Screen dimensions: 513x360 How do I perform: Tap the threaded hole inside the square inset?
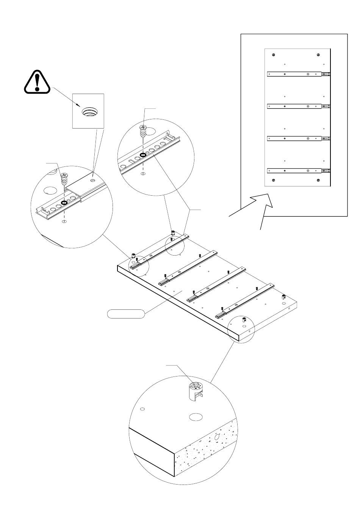point(90,112)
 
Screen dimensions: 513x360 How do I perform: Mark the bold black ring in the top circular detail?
point(143,155)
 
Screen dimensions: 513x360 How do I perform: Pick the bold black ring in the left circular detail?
point(64,203)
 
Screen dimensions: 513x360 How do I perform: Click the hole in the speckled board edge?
point(217,437)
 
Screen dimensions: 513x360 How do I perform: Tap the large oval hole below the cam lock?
point(196,417)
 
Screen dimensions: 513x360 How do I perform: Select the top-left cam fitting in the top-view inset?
point(273,54)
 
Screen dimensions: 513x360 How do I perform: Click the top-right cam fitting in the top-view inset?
point(318,54)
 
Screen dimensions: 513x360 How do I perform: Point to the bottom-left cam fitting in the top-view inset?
point(273,180)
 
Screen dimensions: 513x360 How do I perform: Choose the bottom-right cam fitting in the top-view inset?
point(318,180)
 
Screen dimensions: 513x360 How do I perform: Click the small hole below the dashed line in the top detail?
point(143,174)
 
